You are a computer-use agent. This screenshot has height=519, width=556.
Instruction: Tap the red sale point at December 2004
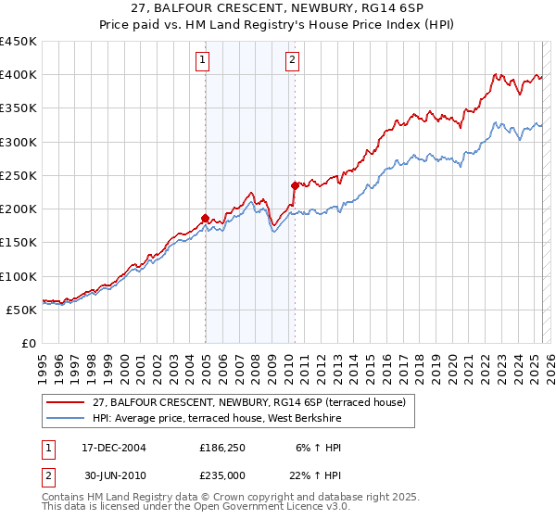click(x=205, y=219)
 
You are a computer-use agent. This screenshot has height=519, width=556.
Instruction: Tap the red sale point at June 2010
click(x=295, y=185)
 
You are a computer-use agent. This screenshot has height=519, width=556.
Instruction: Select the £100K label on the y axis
click(x=18, y=276)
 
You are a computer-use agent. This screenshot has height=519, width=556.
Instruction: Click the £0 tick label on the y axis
click(x=27, y=343)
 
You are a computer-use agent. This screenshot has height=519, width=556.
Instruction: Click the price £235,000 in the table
click(x=222, y=476)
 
